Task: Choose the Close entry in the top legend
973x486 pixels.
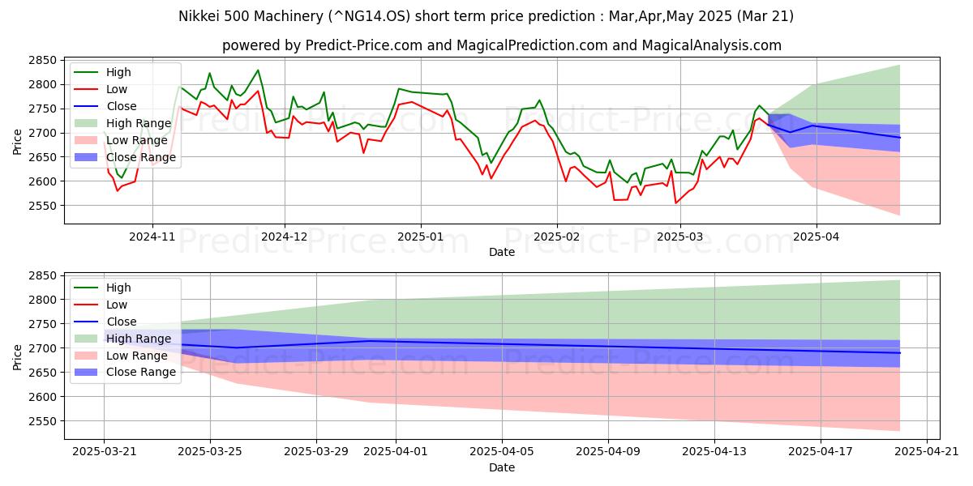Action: (x=122, y=106)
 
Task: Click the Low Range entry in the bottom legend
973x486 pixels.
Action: (x=138, y=356)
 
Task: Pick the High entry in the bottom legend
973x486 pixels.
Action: (x=118, y=288)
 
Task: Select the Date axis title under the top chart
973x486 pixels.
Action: (x=502, y=252)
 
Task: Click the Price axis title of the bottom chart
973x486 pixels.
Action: (x=17, y=356)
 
